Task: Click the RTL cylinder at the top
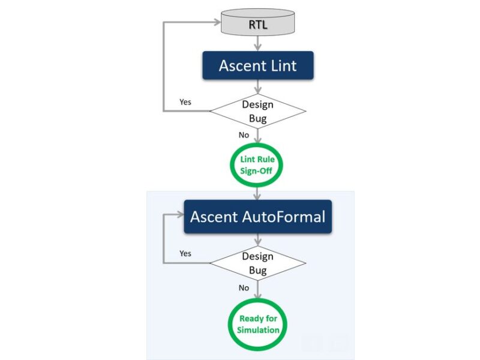point(257,24)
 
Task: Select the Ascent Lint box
point(257,65)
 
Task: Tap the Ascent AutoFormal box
point(257,217)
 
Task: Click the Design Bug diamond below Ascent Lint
point(257,111)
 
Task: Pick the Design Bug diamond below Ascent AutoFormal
point(257,263)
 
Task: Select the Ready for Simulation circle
point(258,324)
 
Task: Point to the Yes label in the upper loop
point(185,102)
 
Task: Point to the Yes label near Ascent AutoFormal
point(185,253)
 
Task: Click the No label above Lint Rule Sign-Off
point(244,135)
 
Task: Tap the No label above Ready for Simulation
point(244,287)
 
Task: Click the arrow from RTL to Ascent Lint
point(257,43)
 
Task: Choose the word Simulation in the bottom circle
point(258,330)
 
